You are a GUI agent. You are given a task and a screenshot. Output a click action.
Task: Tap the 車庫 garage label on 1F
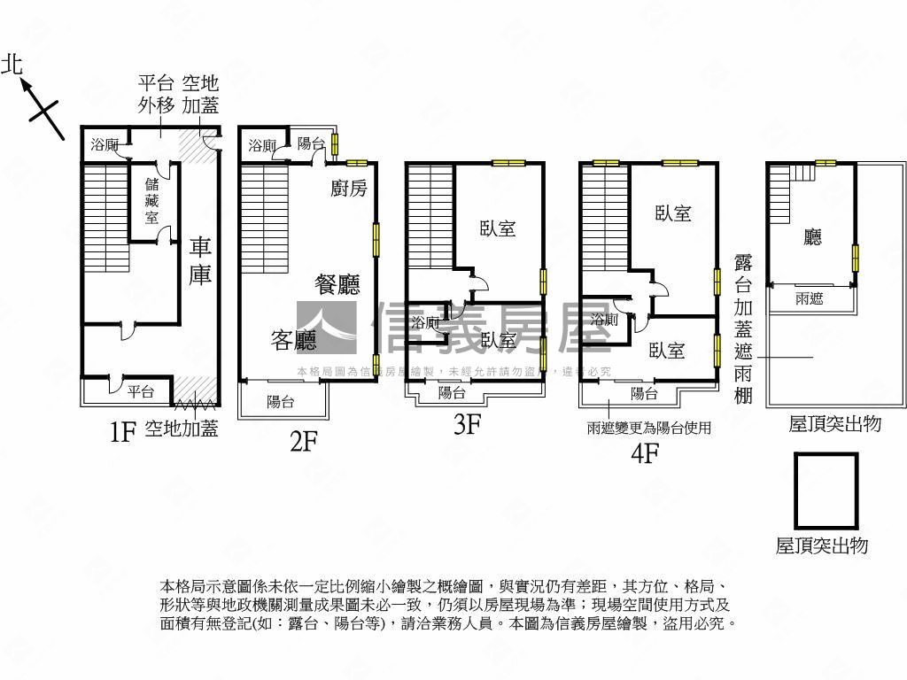point(200,260)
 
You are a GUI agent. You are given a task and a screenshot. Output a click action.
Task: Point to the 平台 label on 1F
point(140,391)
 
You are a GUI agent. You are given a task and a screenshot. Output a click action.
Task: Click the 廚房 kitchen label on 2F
point(348,188)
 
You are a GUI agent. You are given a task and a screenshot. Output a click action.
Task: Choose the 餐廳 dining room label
point(337,284)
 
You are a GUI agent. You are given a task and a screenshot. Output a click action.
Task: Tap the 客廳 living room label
point(294,339)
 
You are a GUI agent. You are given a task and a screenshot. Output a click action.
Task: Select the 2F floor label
point(303,441)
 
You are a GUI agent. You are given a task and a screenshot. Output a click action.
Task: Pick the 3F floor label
point(466,425)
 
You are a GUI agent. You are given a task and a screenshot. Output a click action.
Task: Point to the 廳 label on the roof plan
point(812,237)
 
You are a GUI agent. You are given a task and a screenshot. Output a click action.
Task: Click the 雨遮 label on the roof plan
point(809,299)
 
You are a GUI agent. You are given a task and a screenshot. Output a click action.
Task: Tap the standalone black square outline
point(826,490)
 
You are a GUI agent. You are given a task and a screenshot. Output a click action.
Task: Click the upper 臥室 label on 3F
point(498,228)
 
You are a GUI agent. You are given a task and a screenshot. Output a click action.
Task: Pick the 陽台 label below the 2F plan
point(281,402)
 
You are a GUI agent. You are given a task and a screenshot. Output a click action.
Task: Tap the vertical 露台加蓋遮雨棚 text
point(743,328)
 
